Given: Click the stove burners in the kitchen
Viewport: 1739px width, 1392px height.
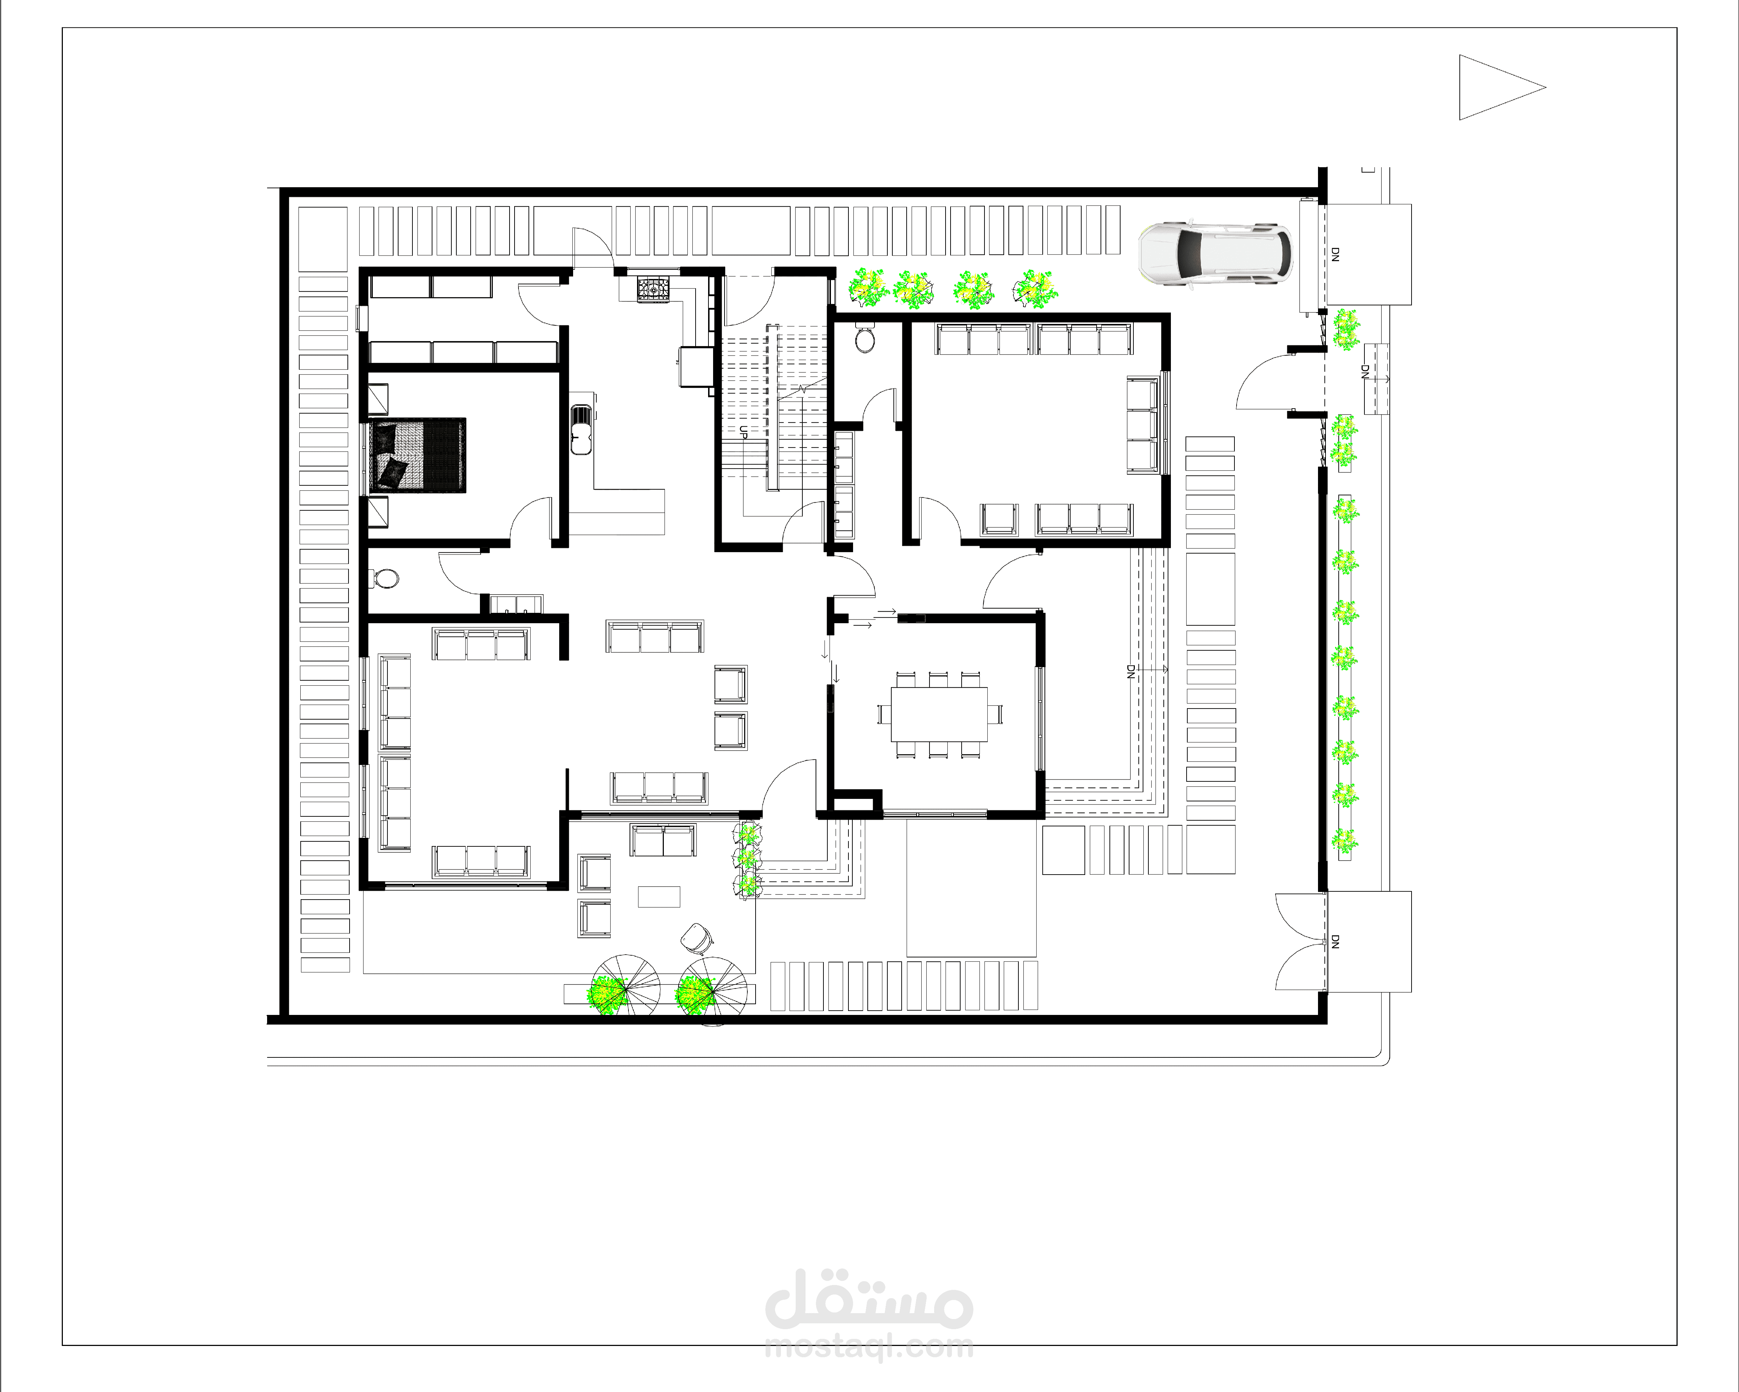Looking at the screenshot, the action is point(653,289).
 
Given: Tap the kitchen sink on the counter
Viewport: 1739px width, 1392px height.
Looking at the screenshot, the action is point(581,430).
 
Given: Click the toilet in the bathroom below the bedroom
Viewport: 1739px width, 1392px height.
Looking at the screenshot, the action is point(386,578).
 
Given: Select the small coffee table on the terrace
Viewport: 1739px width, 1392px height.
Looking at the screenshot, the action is point(659,897).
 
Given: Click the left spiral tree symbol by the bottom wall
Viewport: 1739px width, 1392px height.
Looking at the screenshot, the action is point(625,989).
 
